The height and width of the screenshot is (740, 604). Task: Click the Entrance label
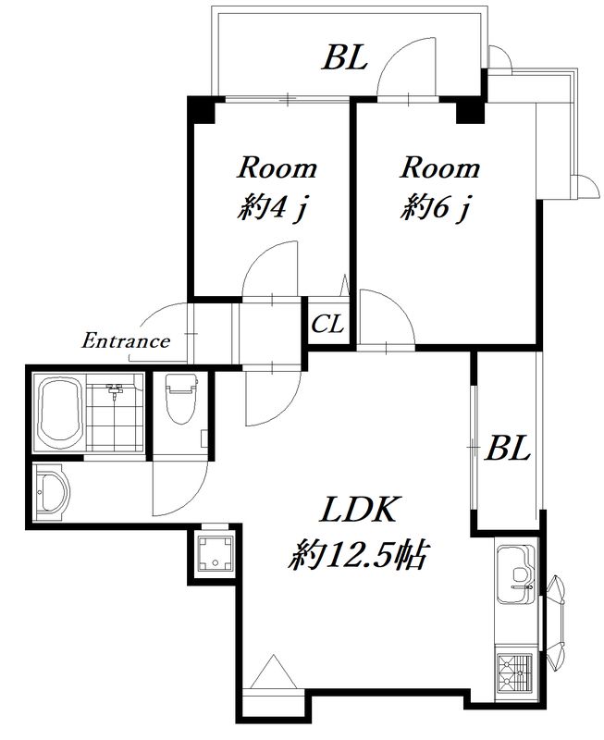click(126, 341)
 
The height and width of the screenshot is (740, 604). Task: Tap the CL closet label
click(328, 325)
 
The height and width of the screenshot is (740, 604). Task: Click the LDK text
click(360, 511)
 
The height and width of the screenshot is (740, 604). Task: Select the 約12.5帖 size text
click(358, 556)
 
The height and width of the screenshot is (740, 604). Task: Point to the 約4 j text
click(273, 207)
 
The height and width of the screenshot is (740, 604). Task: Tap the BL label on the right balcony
click(508, 448)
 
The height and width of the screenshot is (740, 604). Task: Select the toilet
click(181, 399)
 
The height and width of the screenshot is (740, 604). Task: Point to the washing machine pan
click(216, 553)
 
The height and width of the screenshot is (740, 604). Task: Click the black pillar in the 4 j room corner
click(202, 109)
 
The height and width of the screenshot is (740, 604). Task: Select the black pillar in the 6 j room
click(471, 110)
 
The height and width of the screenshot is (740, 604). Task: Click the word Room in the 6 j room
click(440, 168)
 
